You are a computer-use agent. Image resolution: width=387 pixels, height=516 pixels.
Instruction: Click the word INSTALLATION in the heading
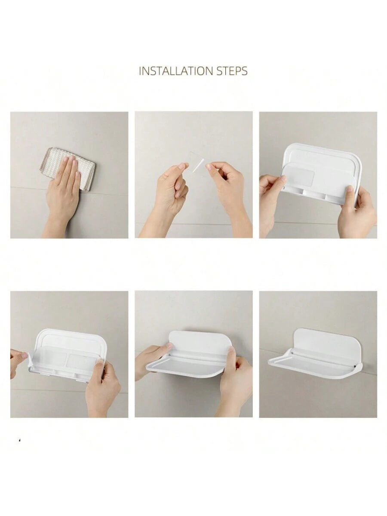point(175,71)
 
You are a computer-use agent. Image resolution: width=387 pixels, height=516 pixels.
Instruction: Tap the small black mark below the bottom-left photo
point(19,440)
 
